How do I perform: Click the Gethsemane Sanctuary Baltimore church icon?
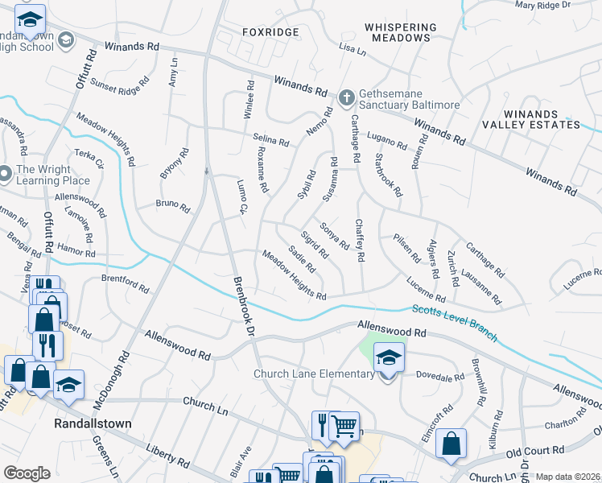click(347, 98)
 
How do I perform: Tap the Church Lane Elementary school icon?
click(389, 357)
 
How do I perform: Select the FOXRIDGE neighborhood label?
click(271, 32)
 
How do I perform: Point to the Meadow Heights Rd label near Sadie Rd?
click(294, 274)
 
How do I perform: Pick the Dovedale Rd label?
click(442, 376)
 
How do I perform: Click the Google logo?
click(27, 473)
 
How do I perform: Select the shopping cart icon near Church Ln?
click(344, 425)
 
